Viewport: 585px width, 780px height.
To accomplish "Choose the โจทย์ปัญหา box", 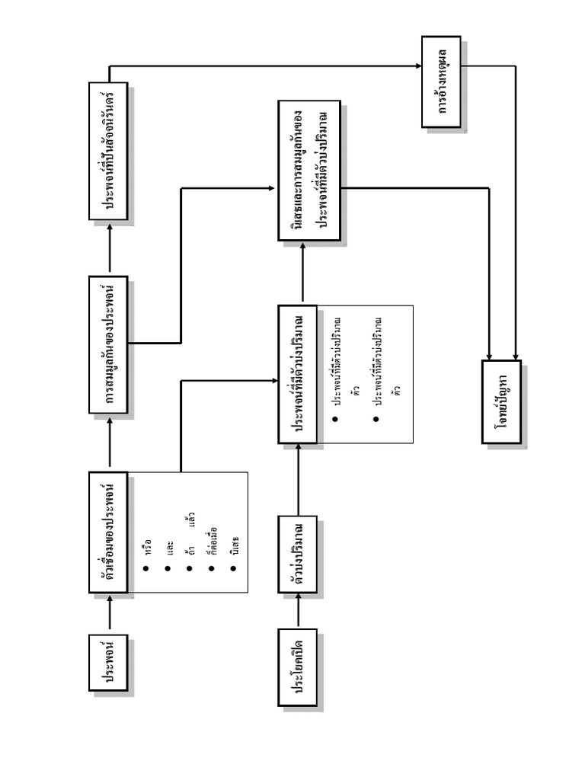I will coord(501,401).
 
